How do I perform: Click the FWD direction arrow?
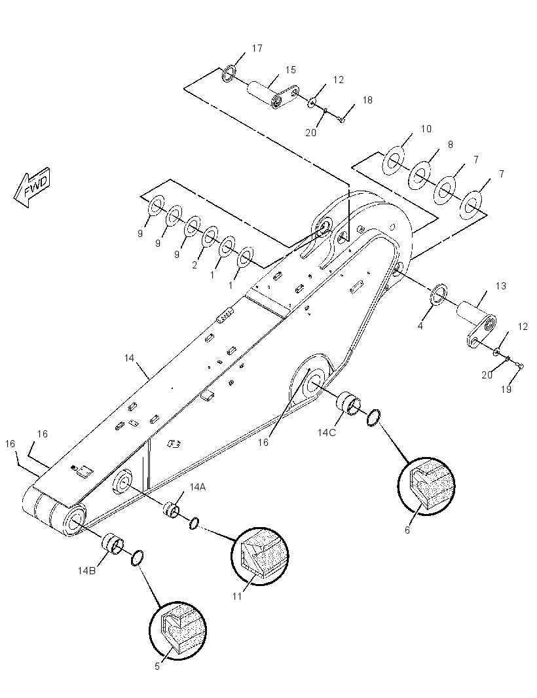point(32,187)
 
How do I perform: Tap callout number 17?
point(257,48)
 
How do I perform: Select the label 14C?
point(326,432)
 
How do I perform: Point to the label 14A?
point(198,487)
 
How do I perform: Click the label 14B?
point(86,571)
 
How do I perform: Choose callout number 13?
point(501,285)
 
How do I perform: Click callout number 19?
point(506,389)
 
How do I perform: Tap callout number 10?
point(426,128)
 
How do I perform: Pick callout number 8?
point(451,144)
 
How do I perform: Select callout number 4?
point(420,326)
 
